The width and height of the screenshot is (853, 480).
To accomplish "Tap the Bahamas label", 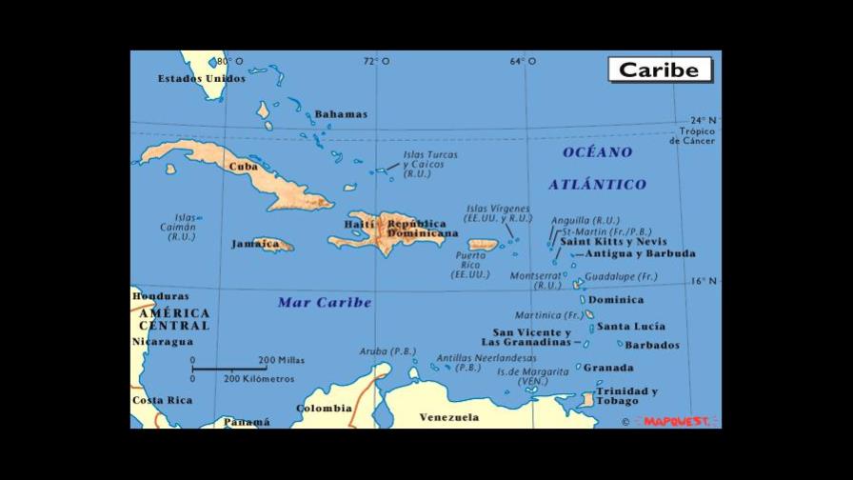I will [x=340, y=114].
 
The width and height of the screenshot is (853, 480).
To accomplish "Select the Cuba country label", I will [x=244, y=167].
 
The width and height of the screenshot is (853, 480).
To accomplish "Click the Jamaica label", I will [x=255, y=244].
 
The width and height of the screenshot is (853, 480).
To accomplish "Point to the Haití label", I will [x=359, y=225].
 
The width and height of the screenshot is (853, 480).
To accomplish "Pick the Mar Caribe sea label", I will [x=324, y=303].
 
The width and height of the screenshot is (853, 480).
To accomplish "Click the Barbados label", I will [x=652, y=346].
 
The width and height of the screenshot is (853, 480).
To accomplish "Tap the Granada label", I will [x=608, y=368].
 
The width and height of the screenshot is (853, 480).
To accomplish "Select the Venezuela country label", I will [x=448, y=417].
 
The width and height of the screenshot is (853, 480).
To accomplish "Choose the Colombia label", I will [x=324, y=409].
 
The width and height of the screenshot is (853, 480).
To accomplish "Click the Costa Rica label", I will [x=162, y=400].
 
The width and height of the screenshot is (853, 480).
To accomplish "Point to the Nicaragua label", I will [x=162, y=341].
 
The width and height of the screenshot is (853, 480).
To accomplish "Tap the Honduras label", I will [x=160, y=296].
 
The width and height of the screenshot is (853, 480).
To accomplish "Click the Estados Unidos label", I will [x=201, y=79].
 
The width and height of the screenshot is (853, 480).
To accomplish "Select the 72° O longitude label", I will [x=376, y=62].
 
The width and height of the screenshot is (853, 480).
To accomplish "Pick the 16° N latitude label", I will [x=704, y=281].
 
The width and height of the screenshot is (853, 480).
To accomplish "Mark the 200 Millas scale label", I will [x=281, y=360].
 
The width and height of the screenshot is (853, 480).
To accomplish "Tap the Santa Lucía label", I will [x=631, y=327].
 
